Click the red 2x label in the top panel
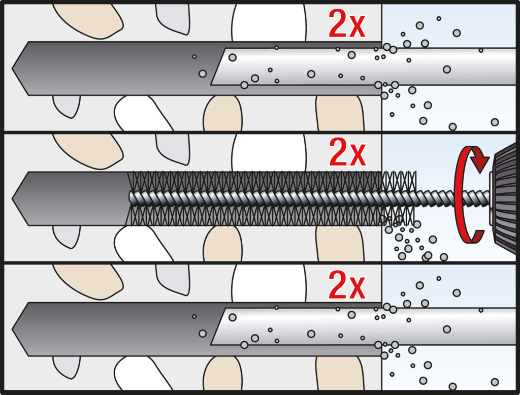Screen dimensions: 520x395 click(x=347, y=24)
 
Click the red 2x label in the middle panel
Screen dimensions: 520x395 click(x=347, y=152)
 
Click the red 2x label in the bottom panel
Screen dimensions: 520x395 click(x=347, y=285)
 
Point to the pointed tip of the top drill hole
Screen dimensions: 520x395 click(x=13, y=69)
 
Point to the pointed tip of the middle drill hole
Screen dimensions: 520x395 click(x=13, y=199)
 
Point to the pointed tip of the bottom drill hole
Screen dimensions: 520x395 click(x=13, y=330)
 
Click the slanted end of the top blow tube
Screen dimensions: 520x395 click(x=218, y=67)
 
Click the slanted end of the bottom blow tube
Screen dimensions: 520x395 click(x=218, y=326)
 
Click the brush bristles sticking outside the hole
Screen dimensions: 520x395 click(x=399, y=199)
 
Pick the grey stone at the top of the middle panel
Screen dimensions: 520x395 click(x=173, y=149)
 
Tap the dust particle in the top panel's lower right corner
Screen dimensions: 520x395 click(x=495, y=122)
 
